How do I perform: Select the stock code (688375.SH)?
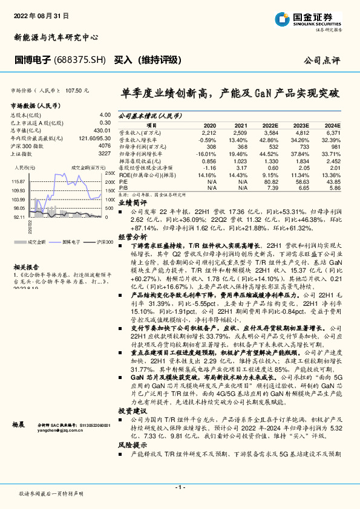82,60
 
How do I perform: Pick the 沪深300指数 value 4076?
104,146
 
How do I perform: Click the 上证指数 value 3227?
104,154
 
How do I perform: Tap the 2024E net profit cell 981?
335,147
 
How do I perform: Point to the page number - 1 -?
180,487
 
